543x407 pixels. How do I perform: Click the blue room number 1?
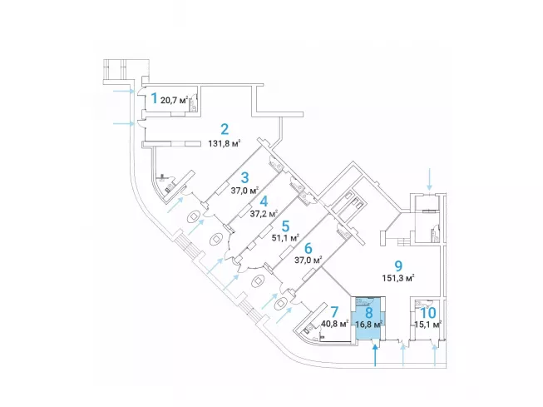[153, 99]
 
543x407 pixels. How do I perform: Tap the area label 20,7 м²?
[175, 102]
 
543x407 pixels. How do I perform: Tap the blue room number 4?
[264, 200]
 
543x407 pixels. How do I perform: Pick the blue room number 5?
[284, 225]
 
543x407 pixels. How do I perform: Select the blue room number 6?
[307, 247]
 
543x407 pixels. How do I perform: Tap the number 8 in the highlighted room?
[367, 311]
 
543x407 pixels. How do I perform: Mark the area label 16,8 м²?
[367, 325]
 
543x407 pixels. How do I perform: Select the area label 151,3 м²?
[397, 279]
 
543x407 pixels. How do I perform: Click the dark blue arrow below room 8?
[376, 356]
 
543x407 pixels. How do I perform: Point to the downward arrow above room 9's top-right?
[429, 178]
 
